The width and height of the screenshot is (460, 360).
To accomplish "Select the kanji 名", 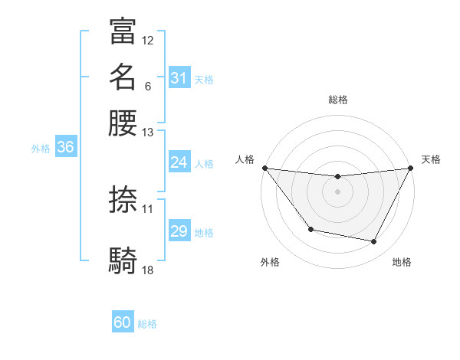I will [x=123, y=77].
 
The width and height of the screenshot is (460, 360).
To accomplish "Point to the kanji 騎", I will [x=123, y=260].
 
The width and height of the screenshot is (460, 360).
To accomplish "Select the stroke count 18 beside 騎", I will [x=148, y=270].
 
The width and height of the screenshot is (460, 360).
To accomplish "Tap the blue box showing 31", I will [x=179, y=78].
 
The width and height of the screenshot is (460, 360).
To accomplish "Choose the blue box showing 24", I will [x=179, y=162].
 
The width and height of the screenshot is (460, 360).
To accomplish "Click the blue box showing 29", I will [x=179, y=231].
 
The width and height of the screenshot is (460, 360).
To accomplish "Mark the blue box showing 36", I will [x=65, y=148].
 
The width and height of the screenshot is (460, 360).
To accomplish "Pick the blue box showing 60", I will [x=123, y=323].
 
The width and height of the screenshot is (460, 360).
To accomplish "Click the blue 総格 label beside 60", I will [x=147, y=324].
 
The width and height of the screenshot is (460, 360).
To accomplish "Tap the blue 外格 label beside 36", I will [x=41, y=149].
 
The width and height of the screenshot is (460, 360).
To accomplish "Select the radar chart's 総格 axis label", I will [x=338, y=100].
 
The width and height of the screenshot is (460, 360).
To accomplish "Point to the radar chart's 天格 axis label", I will [x=432, y=159].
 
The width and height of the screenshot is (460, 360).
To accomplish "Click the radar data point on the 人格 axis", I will [x=264, y=168].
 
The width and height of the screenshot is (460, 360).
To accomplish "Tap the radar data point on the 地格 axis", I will [x=374, y=242].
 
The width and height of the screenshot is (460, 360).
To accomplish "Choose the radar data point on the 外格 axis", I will [x=310, y=229].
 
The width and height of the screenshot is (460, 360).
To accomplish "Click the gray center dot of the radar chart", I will [x=337, y=191].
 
